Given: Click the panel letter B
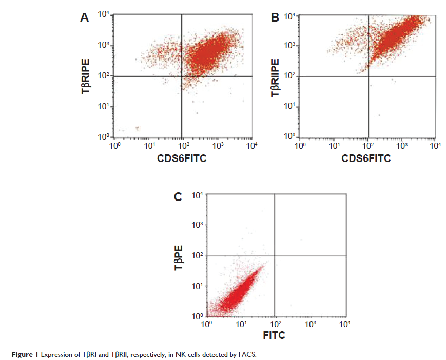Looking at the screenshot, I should tap(275, 18).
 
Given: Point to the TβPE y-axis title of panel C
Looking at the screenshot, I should tap(179, 256).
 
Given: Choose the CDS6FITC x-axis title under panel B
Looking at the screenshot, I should tap(366, 158).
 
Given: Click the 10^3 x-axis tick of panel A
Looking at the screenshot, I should tap(218, 146).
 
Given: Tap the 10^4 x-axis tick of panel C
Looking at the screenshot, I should tap(344, 324).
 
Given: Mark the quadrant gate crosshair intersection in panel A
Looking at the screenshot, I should tap(181, 76).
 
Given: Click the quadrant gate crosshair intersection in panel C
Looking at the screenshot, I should tap(276, 255).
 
